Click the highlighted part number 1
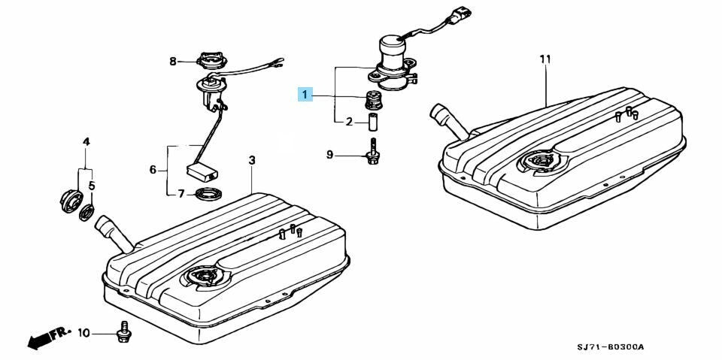click(305, 95)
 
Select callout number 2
click(349, 122)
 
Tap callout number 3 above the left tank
click(251, 160)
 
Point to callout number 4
click(86, 141)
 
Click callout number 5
click(92, 186)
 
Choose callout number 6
click(153, 170)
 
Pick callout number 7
click(181, 194)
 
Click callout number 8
click(173, 61)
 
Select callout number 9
click(329, 155)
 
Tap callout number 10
click(84, 332)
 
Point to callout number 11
click(546, 59)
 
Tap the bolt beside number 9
click(372, 152)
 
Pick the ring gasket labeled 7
click(208, 194)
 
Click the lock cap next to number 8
click(211, 61)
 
